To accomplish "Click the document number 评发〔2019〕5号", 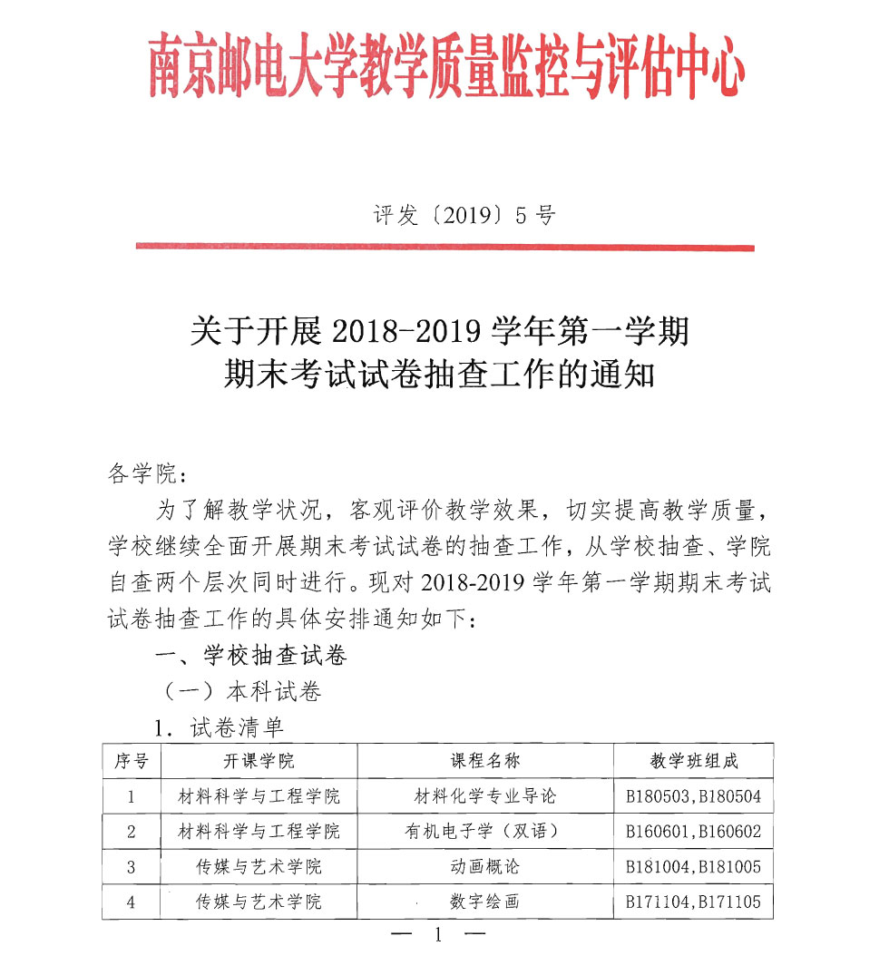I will pyautogui.click(x=464, y=215).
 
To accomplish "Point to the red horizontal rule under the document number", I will pyautogui.click(x=444, y=246).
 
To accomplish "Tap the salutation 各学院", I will pyautogui.click(x=144, y=473).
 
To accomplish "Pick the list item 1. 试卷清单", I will pyautogui.click(x=218, y=727).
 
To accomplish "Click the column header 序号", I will pyautogui.click(x=131, y=761).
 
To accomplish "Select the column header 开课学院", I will pyautogui.click(x=259, y=761).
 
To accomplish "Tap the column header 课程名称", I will pyautogui.click(x=485, y=761).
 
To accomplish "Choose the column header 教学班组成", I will pyautogui.click(x=694, y=761).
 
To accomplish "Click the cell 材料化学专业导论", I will pyautogui.click(x=485, y=796).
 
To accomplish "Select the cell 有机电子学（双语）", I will pyautogui.click(x=485, y=831).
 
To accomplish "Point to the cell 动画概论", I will pyautogui.click(x=485, y=866).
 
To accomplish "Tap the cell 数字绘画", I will pyautogui.click(x=485, y=902).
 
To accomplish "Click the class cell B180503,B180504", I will pyautogui.click(x=694, y=796).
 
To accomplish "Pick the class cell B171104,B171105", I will pyautogui.click(x=694, y=902).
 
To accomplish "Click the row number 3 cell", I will pyautogui.click(x=131, y=866).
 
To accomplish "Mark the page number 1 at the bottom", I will pyautogui.click(x=438, y=936).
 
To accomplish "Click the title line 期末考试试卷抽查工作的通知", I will pyautogui.click(x=439, y=375).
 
